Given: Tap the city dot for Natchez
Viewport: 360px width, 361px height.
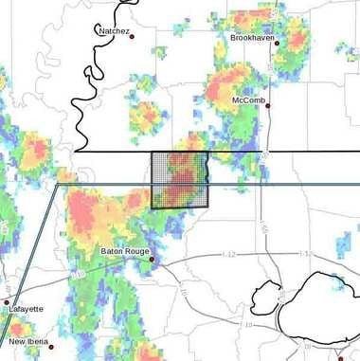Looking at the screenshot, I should (132, 36).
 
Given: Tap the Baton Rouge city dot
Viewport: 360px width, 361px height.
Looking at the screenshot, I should (151, 257).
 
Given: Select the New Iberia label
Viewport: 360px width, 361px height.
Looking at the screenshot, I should (28, 341).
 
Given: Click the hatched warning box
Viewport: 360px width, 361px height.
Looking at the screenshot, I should (180, 180).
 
